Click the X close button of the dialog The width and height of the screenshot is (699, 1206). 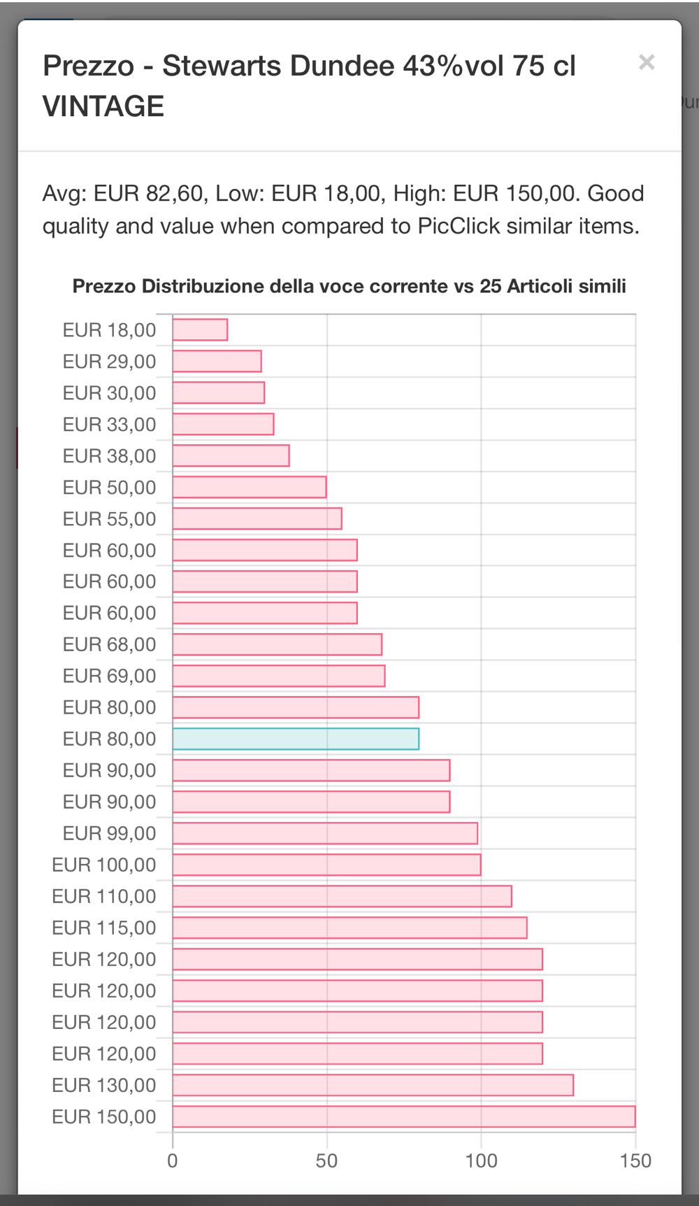(647, 62)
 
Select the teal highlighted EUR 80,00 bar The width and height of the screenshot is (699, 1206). (296, 739)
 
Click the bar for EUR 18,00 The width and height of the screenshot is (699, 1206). (200, 329)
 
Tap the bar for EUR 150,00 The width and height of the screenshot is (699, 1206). (403, 1116)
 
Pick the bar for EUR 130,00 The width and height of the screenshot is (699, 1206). (373, 1085)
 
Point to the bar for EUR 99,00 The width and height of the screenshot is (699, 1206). (325, 833)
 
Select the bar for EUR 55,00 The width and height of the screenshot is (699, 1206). (257, 518)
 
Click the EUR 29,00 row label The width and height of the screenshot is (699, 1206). (109, 362)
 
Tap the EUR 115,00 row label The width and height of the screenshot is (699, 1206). (104, 928)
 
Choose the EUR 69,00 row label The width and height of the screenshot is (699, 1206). (109, 676)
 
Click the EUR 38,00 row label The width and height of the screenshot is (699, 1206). (109, 456)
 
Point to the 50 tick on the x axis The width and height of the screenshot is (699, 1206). (326, 1161)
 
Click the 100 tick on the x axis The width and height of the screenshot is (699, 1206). (481, 1161)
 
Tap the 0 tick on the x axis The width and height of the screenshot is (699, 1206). (173, 1161)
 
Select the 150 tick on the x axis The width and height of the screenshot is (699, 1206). (635, 1161)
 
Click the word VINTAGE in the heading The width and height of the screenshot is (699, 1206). (103, 106)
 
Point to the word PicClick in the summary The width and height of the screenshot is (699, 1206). (459, 226)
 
